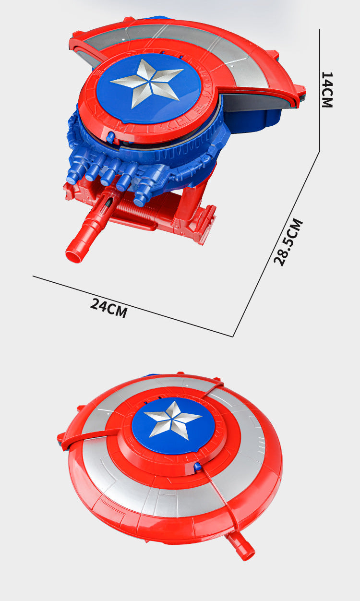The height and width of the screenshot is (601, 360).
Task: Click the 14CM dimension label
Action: (327, 90)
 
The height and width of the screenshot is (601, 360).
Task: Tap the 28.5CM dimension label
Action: (288, 242)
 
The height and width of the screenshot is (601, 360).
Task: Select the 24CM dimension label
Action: (108, 308)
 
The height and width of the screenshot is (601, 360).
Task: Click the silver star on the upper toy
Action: (147, 84)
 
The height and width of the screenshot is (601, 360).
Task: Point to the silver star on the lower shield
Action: (172, 420)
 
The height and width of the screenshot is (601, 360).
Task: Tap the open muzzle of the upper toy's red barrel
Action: (73, 256)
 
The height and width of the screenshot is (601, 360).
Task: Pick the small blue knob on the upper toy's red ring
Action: (110, 137)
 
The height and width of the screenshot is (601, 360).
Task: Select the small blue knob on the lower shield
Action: (198, 467)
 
